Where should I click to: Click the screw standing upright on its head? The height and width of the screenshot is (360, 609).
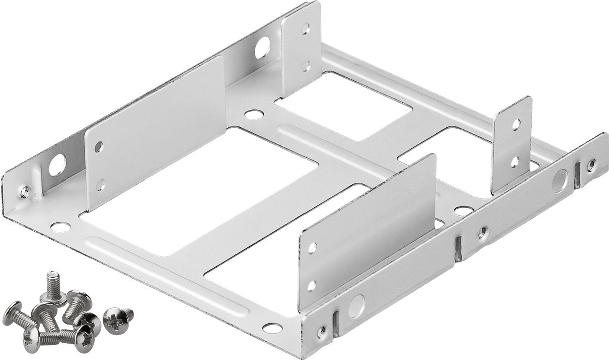coord(53,287)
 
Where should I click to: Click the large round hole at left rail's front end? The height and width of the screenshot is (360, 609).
coord(57,165)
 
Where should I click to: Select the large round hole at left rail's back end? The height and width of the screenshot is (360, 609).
coord(262,48)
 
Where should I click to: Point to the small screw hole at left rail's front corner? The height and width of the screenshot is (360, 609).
coord(24,191)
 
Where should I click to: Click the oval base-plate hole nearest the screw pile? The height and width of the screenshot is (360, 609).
coord(60,227)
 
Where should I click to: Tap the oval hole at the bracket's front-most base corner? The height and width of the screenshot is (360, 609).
coord(272,328)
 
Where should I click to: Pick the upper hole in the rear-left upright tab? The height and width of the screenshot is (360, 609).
coord(306,29)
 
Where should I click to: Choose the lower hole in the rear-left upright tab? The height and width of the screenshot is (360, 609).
coord(306,66)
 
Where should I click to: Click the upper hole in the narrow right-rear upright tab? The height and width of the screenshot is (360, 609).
coord(515,124)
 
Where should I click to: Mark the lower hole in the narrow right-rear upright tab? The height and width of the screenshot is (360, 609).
coord(515,161)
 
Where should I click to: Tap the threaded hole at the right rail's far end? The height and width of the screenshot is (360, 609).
coord(592,165)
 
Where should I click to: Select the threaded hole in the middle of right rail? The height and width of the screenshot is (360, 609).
coord(483,231)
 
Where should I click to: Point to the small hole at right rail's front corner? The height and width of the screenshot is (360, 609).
coord(321,331)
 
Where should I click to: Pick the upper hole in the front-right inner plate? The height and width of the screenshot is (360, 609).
coord(312,247)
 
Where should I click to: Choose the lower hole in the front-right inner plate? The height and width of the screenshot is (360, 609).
coord(312,286)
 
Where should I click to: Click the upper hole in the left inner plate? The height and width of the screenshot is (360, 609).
coord(99,147)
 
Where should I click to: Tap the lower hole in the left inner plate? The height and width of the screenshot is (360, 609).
coord(100,185)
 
